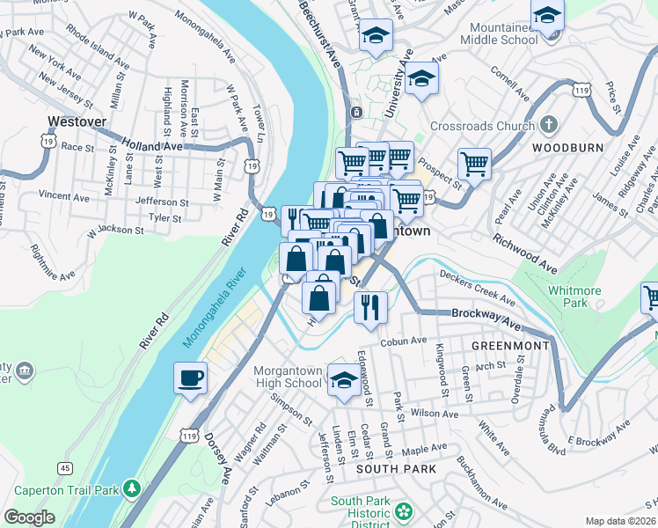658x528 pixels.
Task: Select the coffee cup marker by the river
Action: pyautogui.click(x=190, y=379)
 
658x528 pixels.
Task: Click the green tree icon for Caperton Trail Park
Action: pyautogui.click(x=131, y=487)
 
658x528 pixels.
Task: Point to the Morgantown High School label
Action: pyautogui.click(x=288, y=377)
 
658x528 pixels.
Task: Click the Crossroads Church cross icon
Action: pyautogui.click(x=548, y=125)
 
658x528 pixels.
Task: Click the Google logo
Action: pyautogui.click(x=29, y=517)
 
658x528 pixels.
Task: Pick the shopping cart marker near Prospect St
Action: pyautogui.click(x=474, y=163)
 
